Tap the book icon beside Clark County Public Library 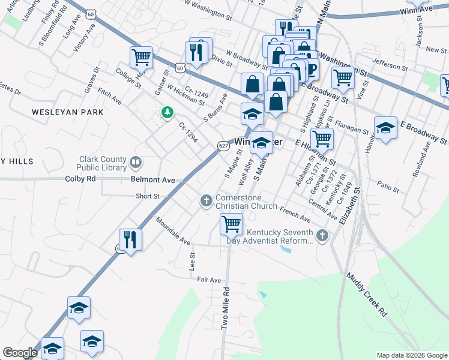tap(136, 161)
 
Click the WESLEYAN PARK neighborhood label tap(68, 112)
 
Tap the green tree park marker tap(167, 112)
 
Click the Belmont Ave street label tap(152, 179)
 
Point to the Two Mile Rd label tap(226, 308)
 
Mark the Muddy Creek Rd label tap(367, 295)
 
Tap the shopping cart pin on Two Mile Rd tap(231, 224)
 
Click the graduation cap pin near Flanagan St tap(385, 127)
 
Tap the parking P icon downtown tap(312, 71)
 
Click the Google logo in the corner tap(20, 353)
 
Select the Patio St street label tap(388, 187)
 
